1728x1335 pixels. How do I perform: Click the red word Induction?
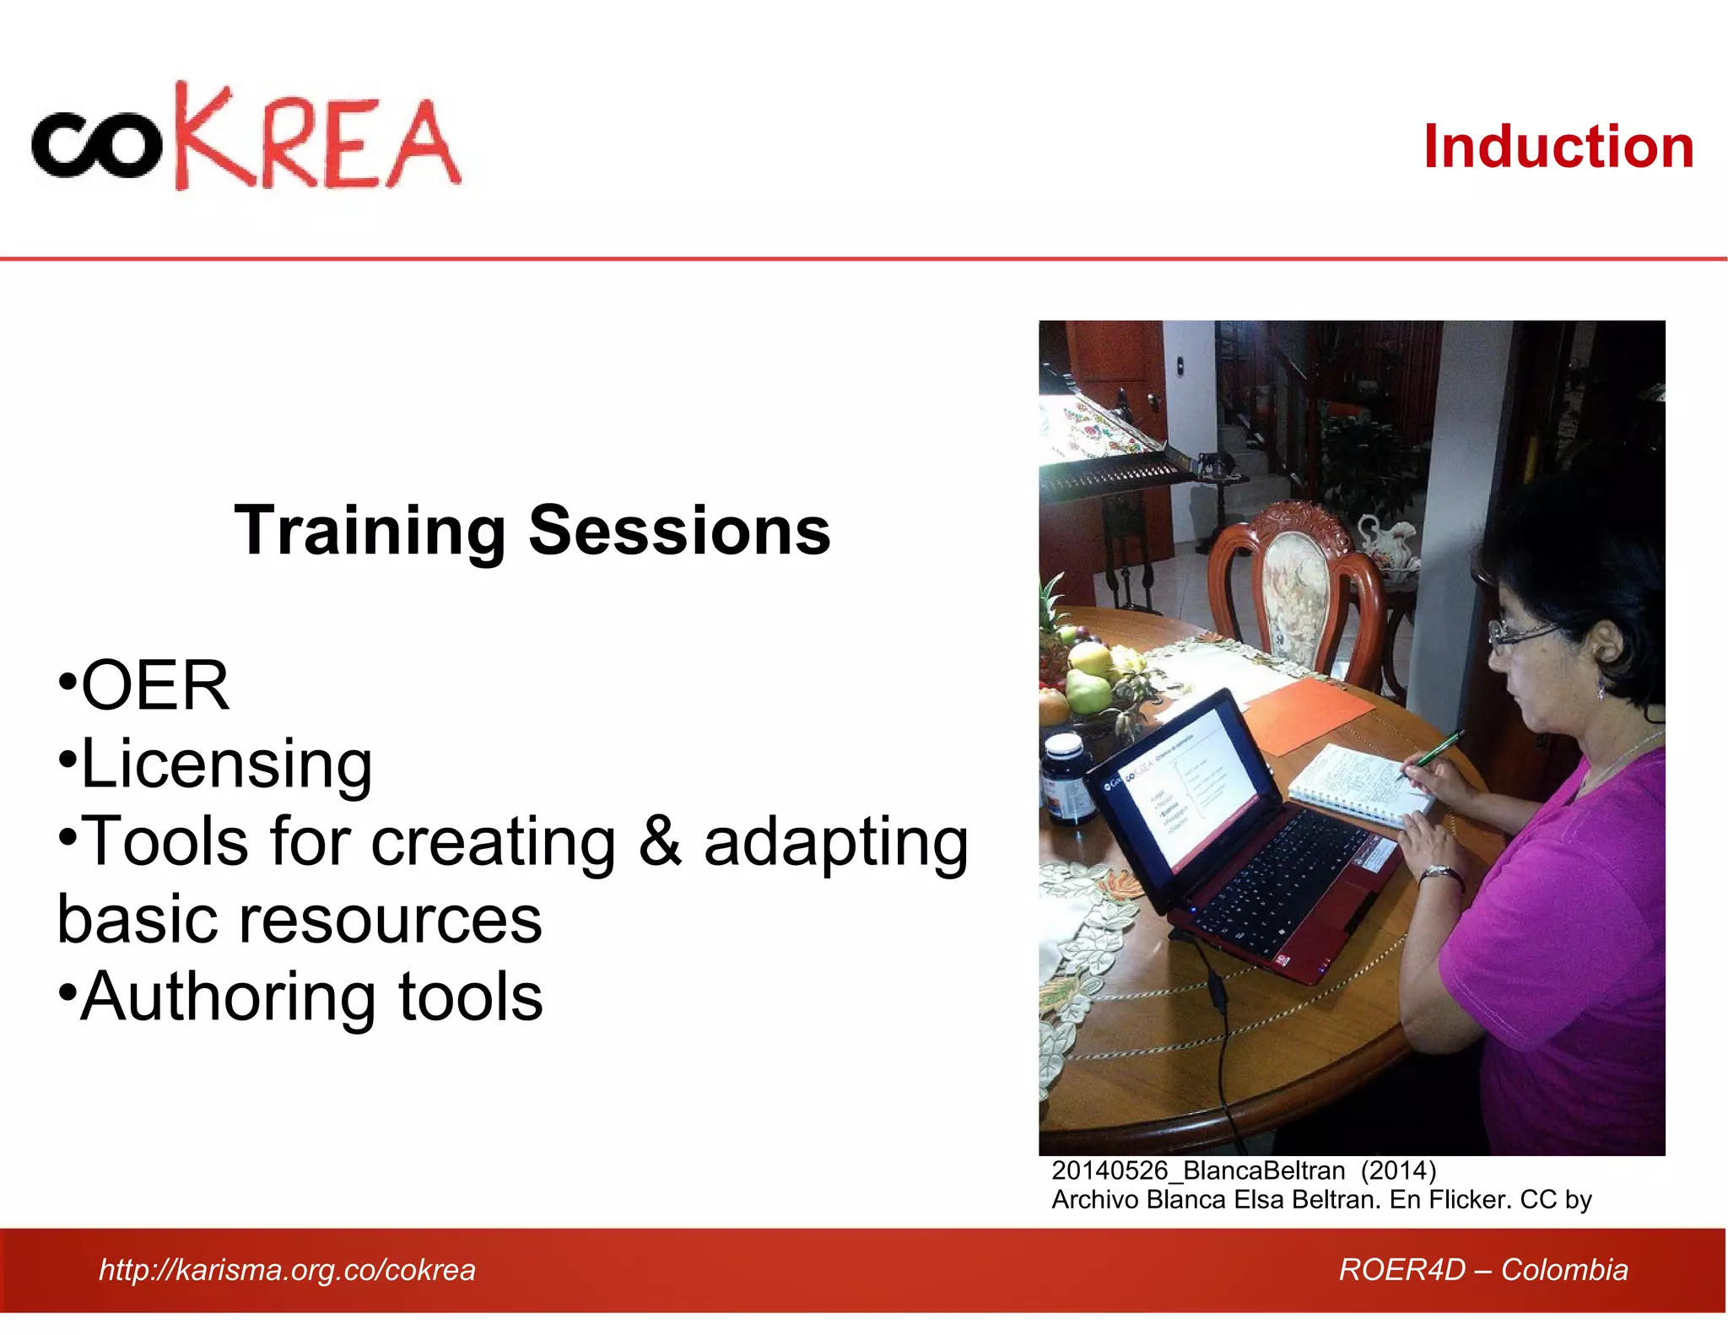tap(1558, 147)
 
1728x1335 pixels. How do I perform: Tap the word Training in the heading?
tap(369, 531)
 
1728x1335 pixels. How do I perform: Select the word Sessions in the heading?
tap(679, 531)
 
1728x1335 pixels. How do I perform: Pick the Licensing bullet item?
tap(216, 764)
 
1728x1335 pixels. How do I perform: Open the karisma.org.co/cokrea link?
tap(287, 1269)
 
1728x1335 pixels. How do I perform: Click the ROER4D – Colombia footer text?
tap(1482, 1269)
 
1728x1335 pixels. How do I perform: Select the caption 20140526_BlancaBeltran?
tap(1197, 1170)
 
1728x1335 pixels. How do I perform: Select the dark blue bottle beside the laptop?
tap(1066, 777)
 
